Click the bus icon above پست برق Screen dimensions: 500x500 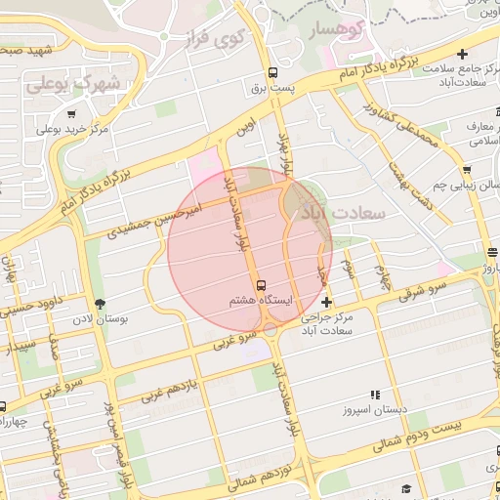pos(272,71)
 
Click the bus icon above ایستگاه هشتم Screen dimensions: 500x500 pos(261,283)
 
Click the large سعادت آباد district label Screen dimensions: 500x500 pos(347,212)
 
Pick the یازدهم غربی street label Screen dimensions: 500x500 pos(173,388)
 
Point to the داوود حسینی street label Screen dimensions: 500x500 pos(30,310)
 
